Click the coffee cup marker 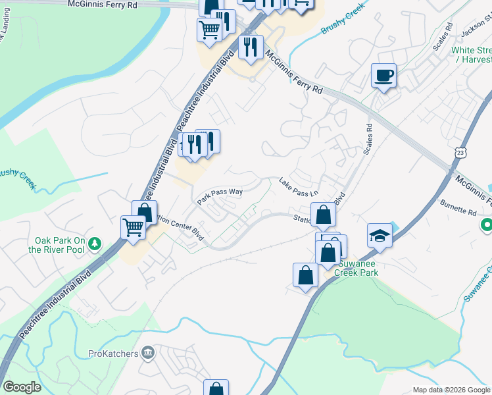(383, 76)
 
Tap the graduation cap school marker (380, 235)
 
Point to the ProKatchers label (113, 354)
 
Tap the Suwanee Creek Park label (356, 268)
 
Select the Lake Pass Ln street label (298, 188)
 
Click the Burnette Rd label (458, 208)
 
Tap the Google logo (22, 386)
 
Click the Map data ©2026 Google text (451, 390)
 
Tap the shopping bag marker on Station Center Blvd (324, 215)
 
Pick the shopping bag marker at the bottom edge (216, 388)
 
